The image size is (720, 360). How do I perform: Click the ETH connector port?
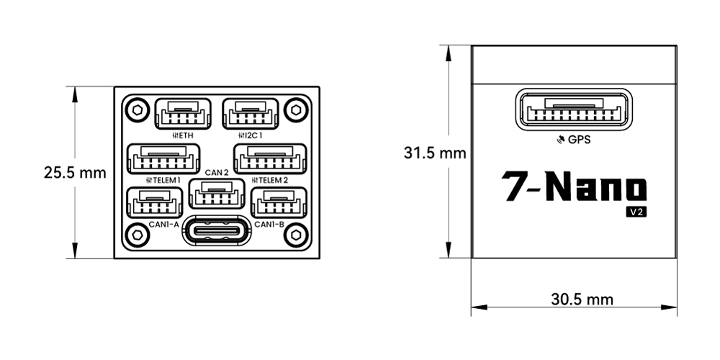pyautogui.click(x=183, y=114)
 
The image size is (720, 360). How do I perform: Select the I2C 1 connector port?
pyautogui.click(x=250, y=114)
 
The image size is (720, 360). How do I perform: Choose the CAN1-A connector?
pyautogui.click(x=153, y=202)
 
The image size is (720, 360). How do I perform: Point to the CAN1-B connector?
pyautogui.click(x=279, y=202)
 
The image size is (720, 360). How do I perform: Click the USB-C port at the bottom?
pyautogui.click(x=217, y=231)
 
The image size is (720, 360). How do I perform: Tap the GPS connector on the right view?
pyautogui.click(x=574, y=109)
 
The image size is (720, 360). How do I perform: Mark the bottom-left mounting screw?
pyautogui.click(x=135, y=234)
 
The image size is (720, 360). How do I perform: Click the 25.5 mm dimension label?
pyautogui.click(x=75, y=173)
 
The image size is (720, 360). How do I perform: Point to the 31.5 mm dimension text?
pyautogui.click(x=435, y=153)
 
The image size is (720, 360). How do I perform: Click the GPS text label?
pyautogui.click(x=579, y=140)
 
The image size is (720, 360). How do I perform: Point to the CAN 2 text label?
pyautogui.click(x=217, y=172)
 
